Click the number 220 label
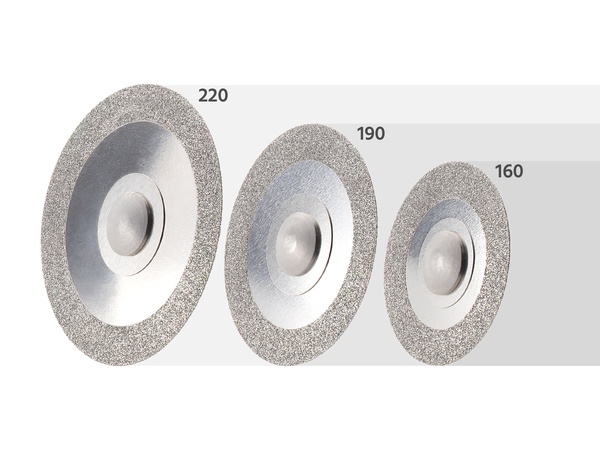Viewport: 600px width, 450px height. (x=213, y=95)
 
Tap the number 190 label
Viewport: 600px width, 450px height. (x=371, y=134)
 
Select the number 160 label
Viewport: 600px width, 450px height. (x=509, y=171)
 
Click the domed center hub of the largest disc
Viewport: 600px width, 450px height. (x=130, y=224)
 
